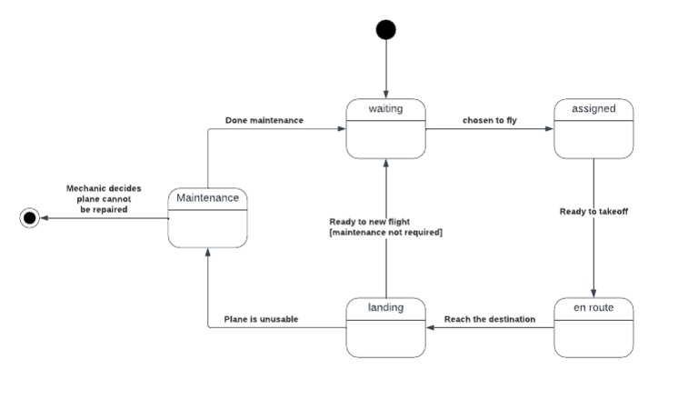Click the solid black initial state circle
(386, 30)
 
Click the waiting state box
(386, 128)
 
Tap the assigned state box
(593, 128)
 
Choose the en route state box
(593, 326)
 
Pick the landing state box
(386, 326)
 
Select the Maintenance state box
(208, 217)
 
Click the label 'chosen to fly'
(489, 120)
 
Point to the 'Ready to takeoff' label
(593, 211)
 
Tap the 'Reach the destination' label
(489, 319)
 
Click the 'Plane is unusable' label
(262, 319)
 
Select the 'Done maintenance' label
(264, 120)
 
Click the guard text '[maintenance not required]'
(385, 233)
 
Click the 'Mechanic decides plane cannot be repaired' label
(97, 198)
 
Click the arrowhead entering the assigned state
(549, 129)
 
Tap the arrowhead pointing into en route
(593, 293)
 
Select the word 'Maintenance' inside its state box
(208, 197)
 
